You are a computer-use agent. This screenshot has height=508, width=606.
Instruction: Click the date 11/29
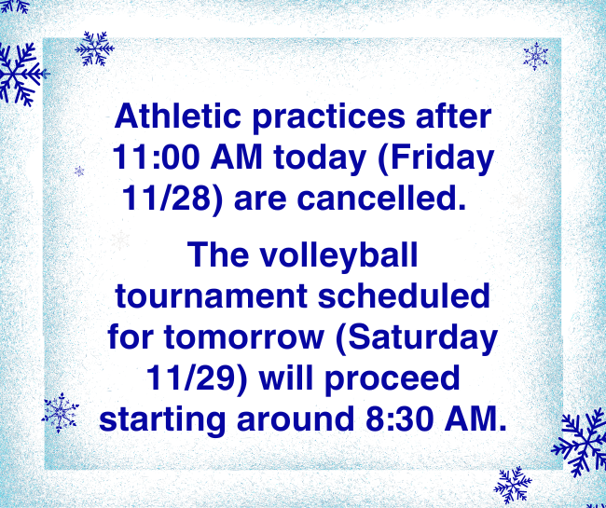[184, 378]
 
